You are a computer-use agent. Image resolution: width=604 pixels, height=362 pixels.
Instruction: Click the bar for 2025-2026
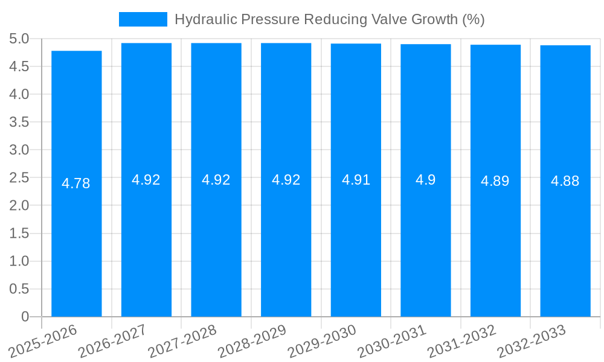pos(76,241)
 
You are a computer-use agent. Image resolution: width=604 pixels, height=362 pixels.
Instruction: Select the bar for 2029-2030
pos(356,241)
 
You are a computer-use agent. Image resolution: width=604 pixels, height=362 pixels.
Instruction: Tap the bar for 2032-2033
pos(565,241)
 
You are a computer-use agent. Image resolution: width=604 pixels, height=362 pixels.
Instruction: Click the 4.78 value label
pos(76,183)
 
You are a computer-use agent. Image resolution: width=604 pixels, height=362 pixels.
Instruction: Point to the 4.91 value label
pos(356,180)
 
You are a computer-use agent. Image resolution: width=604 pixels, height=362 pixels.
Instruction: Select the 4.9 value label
pos(426,180)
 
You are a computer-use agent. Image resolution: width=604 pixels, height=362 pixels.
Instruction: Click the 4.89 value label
pos(495,180)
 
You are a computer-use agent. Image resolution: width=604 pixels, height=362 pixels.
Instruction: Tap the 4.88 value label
pos(565,180)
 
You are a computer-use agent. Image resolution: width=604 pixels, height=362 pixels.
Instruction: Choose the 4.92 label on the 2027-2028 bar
pos(216,180)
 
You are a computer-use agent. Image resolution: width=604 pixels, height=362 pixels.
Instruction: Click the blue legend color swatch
pos(143,19)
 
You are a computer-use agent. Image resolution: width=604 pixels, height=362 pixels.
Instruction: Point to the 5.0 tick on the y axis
pos(19,39)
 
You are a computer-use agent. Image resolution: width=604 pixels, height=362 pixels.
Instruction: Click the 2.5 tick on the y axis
pos(19,178)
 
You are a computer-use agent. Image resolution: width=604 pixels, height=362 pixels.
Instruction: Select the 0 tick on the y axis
pos(25,317)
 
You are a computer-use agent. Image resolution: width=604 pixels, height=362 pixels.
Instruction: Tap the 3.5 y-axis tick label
pos(19,122)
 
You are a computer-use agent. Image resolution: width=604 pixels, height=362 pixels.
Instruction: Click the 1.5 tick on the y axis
pos(19,233)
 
